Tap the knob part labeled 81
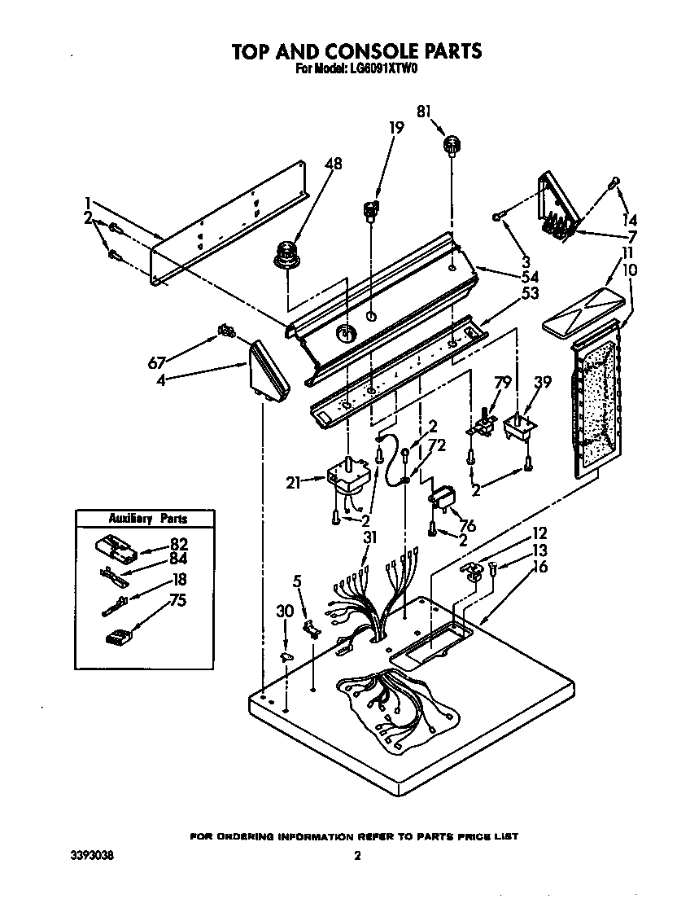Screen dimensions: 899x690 coord(450,147)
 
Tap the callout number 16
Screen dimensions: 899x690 coord(539,567)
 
